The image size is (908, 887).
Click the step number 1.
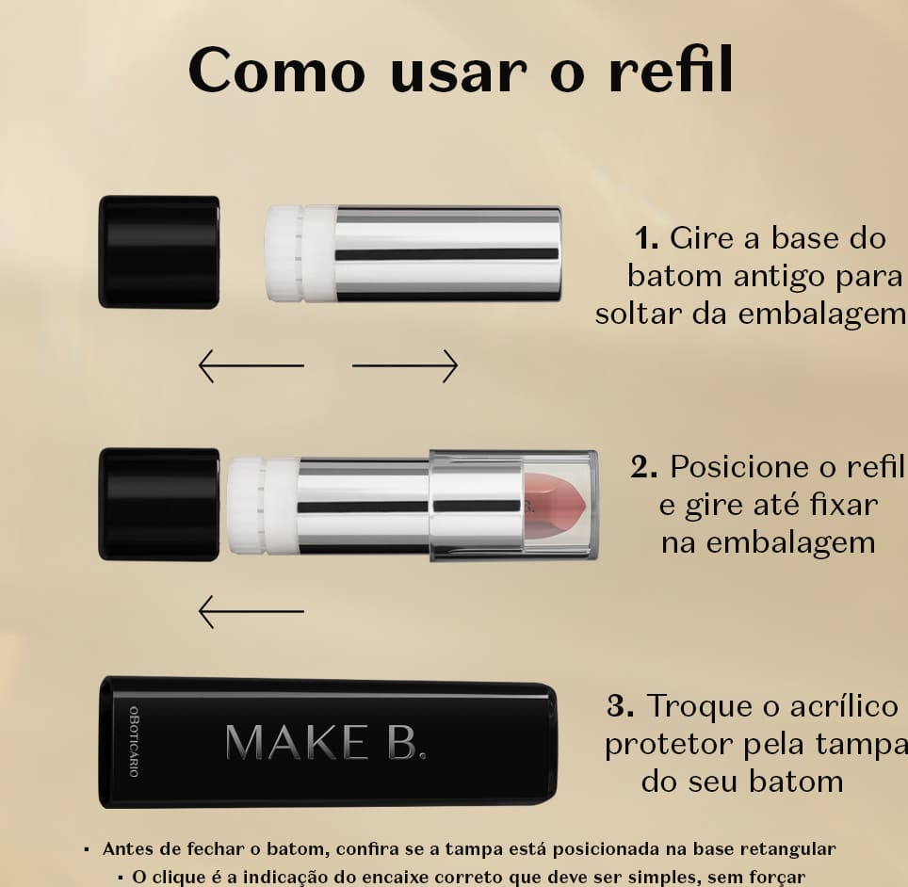pyautogui.click(x=646, y=238)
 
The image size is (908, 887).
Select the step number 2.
pyautogui.click(x=644, y=468)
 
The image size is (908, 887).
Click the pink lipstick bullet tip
pyautogui.click(x=557, y=506)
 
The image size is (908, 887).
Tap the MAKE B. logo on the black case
pyautogui.click(x=326, y=742)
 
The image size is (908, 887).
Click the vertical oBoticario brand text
pyautogui.click(x=134, y=741)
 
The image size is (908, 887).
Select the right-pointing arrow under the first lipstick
pyautogui.click(x=405, y=365)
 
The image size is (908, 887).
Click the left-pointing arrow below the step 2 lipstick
pyautogui.click(x=251, y=611)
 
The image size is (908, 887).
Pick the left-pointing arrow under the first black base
pyautogui.click(x=251, y=365)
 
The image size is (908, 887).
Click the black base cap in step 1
pyautogui.click(x=159, y=251)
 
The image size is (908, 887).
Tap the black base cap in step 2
pyautogui.click(x=159, y=504)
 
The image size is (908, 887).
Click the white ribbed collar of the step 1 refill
pyautogui.click(x=300, y=253)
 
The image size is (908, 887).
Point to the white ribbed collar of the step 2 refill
pyautogui.click(x=262, y=505)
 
